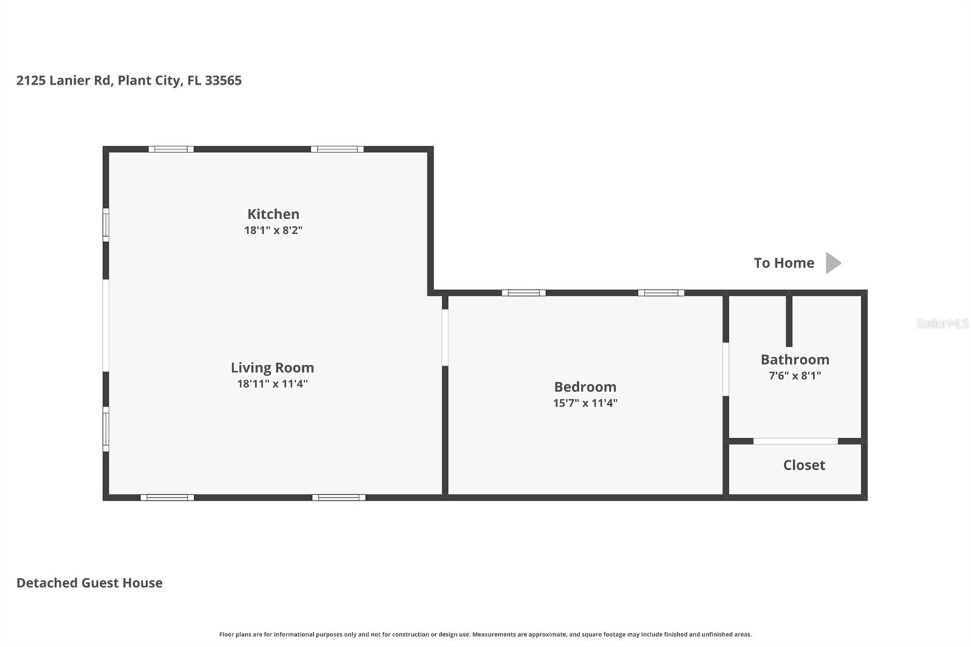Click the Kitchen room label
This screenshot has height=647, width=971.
point(273,214)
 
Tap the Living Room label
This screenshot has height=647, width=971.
point(272,367)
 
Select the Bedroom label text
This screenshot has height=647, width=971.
point(585,387)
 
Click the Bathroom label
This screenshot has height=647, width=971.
point(794,359)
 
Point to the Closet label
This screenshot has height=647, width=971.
point(804,465)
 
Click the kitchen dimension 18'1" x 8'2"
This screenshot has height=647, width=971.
point(273,230)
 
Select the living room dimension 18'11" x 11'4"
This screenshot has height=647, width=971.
point(272,384)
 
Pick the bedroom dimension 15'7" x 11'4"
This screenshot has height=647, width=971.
point(585,403)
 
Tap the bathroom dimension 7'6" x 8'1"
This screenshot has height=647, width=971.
point(794,376)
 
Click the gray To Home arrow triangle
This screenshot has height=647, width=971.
point(833,263)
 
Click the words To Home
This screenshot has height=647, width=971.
point(783,263)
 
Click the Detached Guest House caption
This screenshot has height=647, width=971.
point(89,583)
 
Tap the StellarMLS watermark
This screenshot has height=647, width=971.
point(942,323)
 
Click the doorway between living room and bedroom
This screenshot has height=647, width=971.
point(445,337)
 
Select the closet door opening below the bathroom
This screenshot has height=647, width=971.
point(795,441)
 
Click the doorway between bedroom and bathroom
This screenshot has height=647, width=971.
point(725,369)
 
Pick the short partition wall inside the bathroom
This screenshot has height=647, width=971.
point(789,320)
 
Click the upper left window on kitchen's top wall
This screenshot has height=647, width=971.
point(171,149)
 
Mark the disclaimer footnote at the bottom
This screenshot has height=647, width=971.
point(485,634)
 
